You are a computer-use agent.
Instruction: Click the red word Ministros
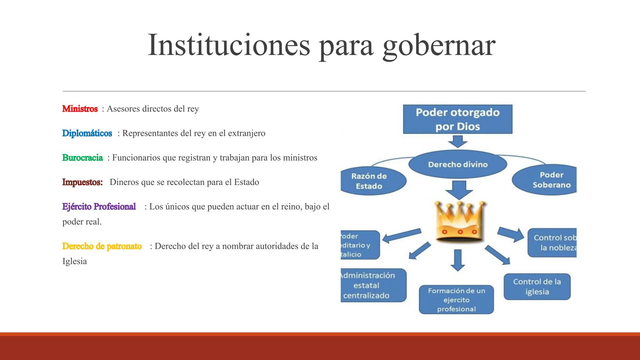click(x=80, y=109)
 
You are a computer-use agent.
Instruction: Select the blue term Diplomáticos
click(x=87, y=133)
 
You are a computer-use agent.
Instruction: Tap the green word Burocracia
click(x=82, y=158)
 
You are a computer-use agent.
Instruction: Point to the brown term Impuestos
click(x=82, y=182)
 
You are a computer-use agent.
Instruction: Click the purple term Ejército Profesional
click(x=99, y=207)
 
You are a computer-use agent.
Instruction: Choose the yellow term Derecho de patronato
click(x=102, y=246)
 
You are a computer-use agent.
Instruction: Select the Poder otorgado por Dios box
click(x=457, y=119)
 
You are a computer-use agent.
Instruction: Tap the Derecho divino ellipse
click(x=458, y=164)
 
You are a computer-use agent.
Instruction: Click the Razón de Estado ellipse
click(x=369, y=181)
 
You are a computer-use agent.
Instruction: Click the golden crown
click(x=459, y=221)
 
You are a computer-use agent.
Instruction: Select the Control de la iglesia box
click(x=537, y=287)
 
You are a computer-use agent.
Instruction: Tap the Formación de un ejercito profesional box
click(x=456, y=300)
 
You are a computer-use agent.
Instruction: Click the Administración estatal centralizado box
click(x=370, y=285)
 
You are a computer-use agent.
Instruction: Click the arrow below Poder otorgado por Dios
click(x=458, y=141)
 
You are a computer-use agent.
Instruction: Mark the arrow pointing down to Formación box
click(x=458, y=260)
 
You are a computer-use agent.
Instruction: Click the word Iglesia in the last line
click(x=75, y=261)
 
